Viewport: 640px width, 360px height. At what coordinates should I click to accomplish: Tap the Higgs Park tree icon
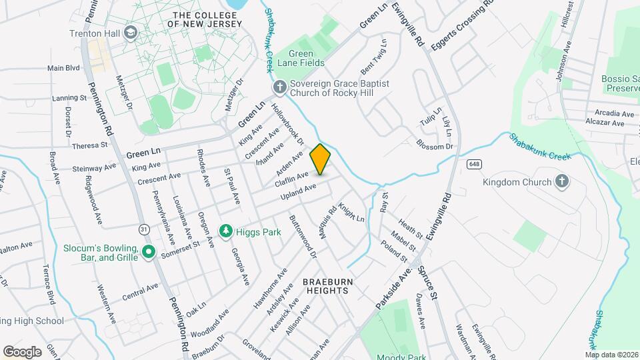click(226, 231)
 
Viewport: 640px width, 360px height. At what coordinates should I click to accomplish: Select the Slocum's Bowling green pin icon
click(149, 252)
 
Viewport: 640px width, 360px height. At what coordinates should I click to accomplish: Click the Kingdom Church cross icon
click(562, 181)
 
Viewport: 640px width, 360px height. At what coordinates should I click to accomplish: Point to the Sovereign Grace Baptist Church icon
click(280, 87)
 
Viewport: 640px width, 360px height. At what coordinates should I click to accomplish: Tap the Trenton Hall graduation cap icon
click(131, 32)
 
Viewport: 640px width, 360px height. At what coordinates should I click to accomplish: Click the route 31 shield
click(144, 229)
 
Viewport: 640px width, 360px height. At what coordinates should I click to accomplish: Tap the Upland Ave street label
click(298, 192)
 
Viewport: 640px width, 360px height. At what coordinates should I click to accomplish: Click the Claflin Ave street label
click(291, 179)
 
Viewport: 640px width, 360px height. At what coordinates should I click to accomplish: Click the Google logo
click(22, 351)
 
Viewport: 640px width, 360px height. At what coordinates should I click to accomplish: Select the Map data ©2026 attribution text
click(611, 354)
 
